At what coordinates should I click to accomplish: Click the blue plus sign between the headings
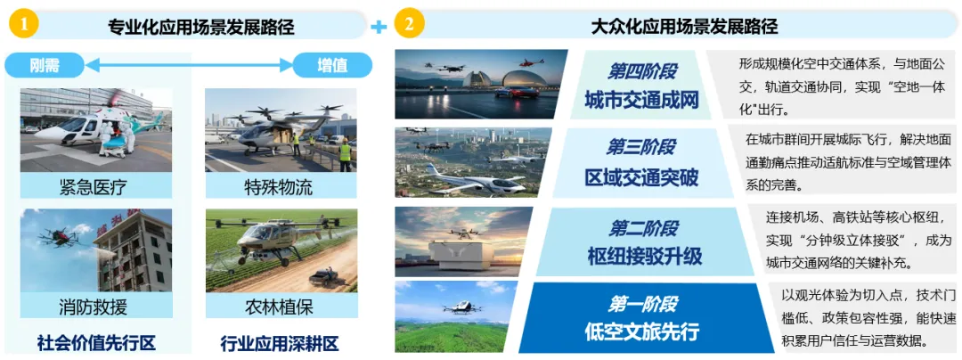(x=379, y=28)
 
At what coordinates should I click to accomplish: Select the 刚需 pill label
(x=45, y=64)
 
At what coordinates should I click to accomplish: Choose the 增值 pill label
(x=332, y=64)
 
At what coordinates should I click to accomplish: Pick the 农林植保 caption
(x=279, y=307)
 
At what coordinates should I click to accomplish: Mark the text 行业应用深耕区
(x=280, y=342)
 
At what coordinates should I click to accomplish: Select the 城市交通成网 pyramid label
(x=641, y=100)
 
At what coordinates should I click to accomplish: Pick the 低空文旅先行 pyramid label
(x=641, y=331)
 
